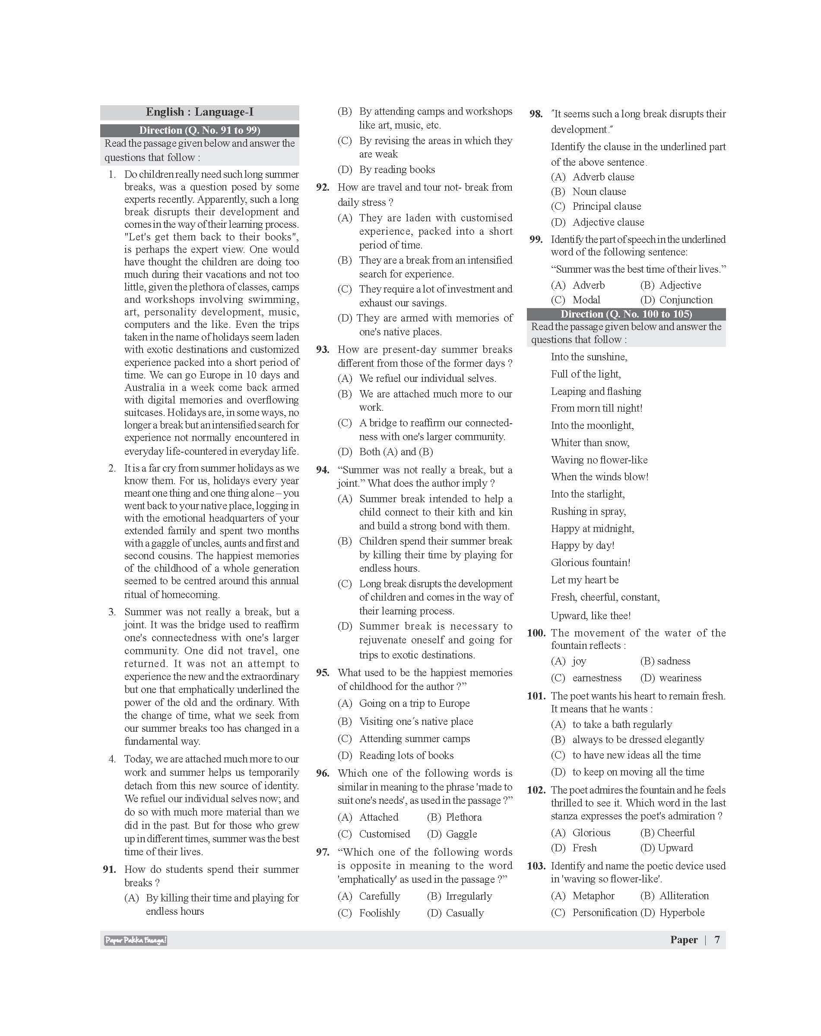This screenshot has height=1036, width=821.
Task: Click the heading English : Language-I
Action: pos(200,112)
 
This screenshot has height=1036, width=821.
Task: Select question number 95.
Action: pos(323,673)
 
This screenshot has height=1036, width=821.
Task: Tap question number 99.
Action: pos(536,239)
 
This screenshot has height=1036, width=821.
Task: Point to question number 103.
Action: pos(536,866)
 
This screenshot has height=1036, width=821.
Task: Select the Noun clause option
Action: pos(599,192)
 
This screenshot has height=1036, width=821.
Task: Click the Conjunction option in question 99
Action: pos(685,300)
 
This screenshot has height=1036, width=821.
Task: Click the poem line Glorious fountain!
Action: pos(590,563)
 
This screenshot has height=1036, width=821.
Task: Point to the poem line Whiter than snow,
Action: pos(590,443)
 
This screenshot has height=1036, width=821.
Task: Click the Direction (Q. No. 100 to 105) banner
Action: pos(626,314)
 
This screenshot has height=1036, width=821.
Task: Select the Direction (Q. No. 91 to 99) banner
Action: pos(200,130)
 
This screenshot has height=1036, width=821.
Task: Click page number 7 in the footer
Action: pos(717,940)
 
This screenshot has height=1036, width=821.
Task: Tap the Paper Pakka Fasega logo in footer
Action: pos(136,940)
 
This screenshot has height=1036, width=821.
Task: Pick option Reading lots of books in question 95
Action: pos(406,756)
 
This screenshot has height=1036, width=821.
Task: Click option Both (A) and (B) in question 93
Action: pos(396,452)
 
